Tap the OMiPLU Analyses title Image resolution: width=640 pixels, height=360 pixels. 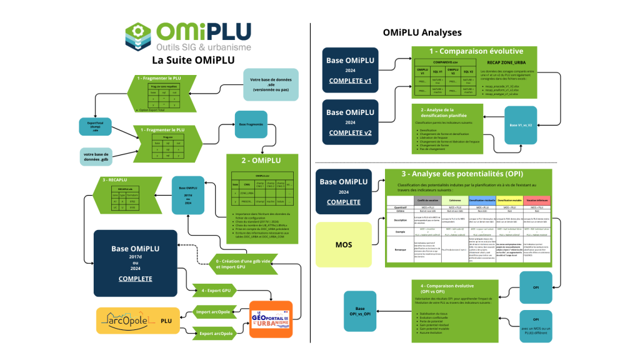coord(422,32)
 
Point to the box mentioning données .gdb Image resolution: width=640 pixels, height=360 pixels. coord(97,159)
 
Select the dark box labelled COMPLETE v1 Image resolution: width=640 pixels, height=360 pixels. coord(350,69)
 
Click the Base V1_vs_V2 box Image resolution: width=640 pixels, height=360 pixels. coord(522,125)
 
